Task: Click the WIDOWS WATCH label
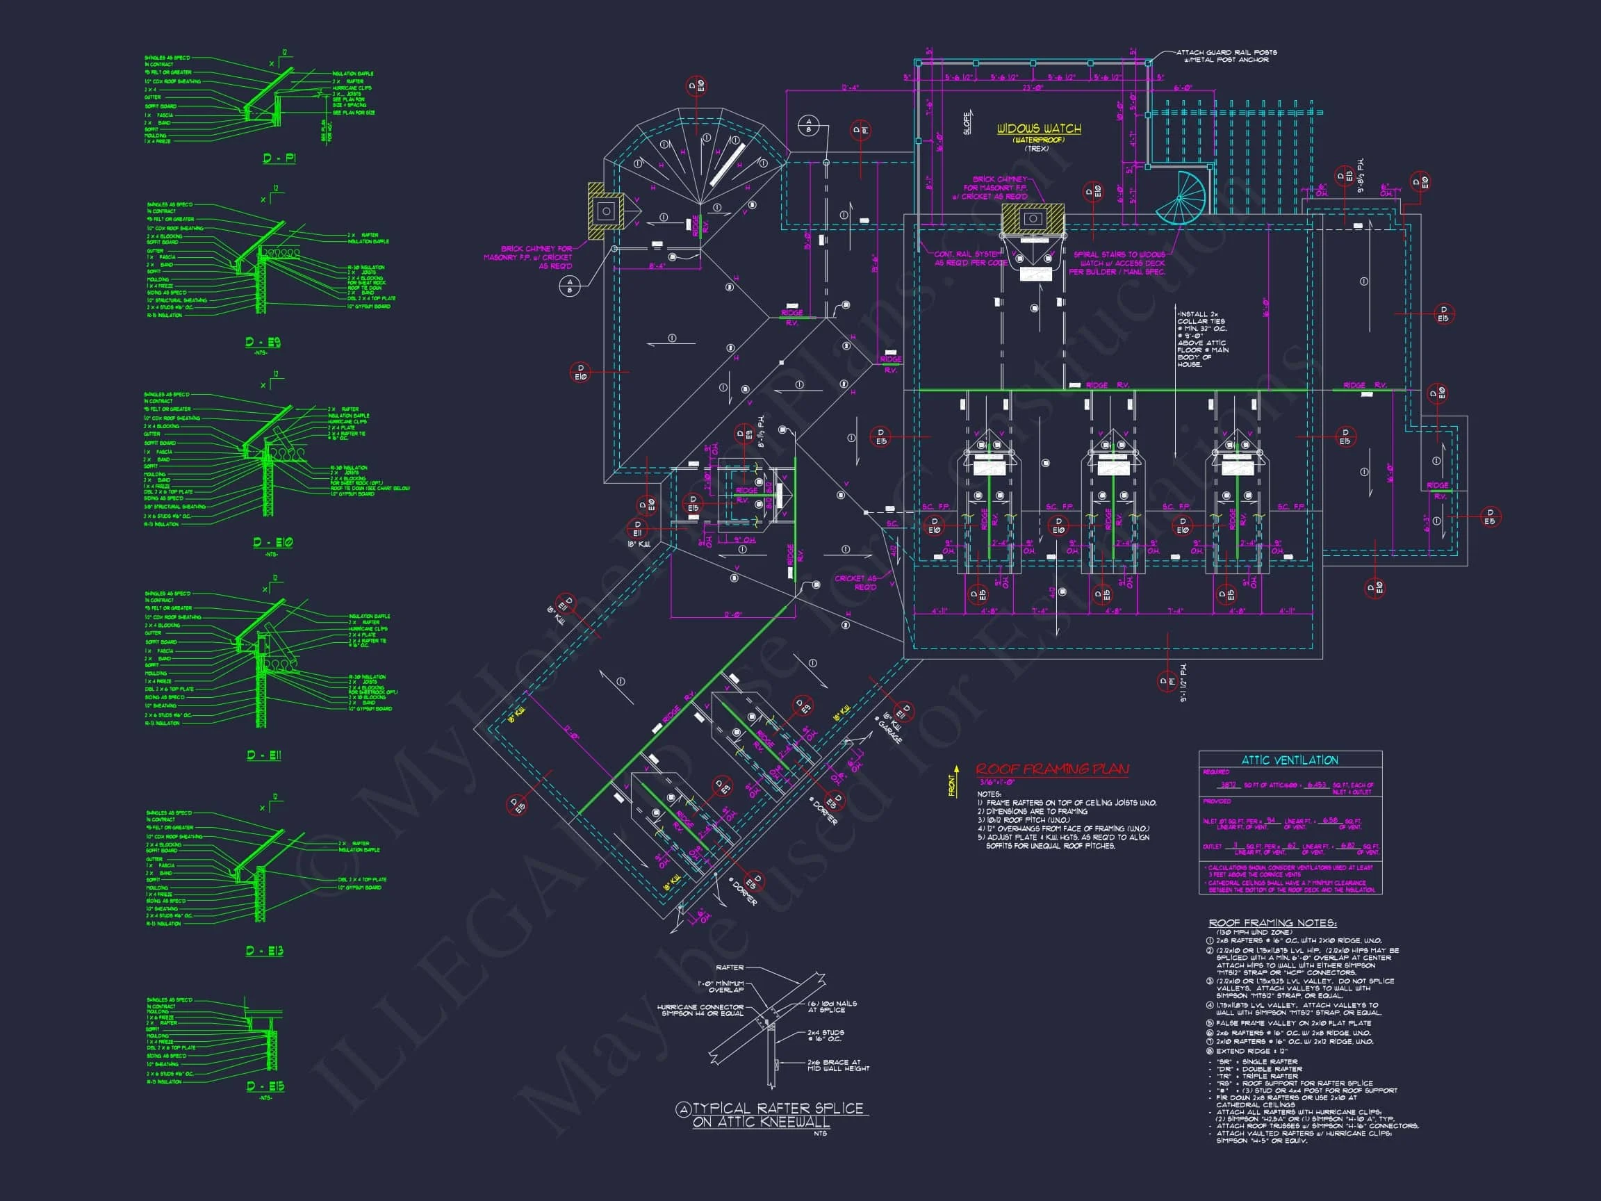1039,129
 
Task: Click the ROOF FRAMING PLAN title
1052,769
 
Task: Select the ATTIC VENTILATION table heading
1290,760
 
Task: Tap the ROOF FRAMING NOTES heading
1272,923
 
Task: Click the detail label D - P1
279,158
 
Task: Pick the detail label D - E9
263,343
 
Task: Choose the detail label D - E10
273,542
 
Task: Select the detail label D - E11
264,755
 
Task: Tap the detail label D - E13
264,951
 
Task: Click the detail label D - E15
265,1086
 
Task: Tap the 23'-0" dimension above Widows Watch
1032,88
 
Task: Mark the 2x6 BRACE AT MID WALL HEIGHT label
838,1065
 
